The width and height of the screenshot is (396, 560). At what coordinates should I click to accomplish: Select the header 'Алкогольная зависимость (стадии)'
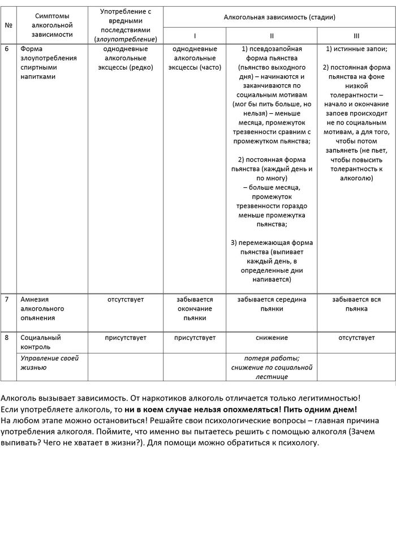(x=279, y=18)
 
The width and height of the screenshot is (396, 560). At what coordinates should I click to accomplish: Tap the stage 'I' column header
(x=195, y=36)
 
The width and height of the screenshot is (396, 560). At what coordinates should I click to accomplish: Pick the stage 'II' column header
(x=272, y=36)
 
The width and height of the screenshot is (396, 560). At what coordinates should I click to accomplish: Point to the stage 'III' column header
(x=356, y=36)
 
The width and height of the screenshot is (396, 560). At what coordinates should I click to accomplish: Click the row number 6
(x=7, y=49)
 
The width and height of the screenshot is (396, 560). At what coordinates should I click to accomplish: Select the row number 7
(x=7, y=300)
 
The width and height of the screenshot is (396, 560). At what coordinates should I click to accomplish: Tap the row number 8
(x=7, y=338)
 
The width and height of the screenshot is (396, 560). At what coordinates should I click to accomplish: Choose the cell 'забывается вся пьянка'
(x=356, y=304)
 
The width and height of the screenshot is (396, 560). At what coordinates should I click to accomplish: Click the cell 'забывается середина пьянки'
(x=272, y=304)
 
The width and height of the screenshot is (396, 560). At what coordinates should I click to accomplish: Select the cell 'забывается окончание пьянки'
(x=195, y=309)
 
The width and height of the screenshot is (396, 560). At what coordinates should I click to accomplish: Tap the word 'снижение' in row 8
(x=272, y=338)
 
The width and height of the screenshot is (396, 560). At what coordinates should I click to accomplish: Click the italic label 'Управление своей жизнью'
(x=49, y=363)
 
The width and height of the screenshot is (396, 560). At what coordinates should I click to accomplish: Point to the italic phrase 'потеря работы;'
(x=272, y=358)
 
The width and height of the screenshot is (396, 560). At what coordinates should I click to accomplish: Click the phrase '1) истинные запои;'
(x=356, y=49)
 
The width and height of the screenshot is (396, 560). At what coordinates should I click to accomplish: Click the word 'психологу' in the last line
(x=302, y=442)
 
